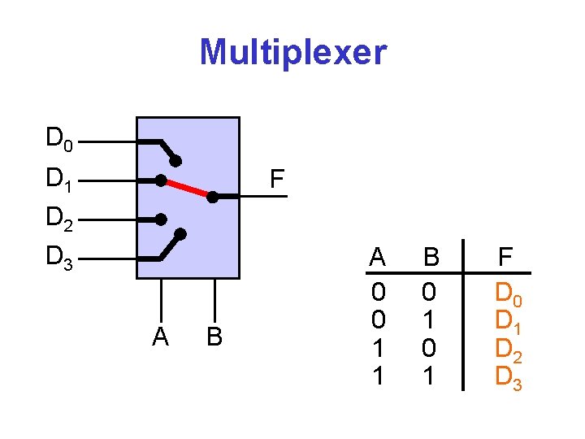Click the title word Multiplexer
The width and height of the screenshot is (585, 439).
[293, 53]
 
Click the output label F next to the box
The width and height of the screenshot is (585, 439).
[277, 179]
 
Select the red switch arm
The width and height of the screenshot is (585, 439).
[187, 188]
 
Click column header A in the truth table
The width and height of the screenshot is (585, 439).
[377, 258]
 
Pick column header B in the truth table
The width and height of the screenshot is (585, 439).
[431, 258]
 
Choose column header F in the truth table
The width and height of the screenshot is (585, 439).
[505, 258]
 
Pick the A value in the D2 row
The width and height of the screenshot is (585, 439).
[377, 347]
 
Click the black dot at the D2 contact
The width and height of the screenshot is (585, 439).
[162, 219]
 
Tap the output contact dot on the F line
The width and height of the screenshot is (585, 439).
[212, 197]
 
